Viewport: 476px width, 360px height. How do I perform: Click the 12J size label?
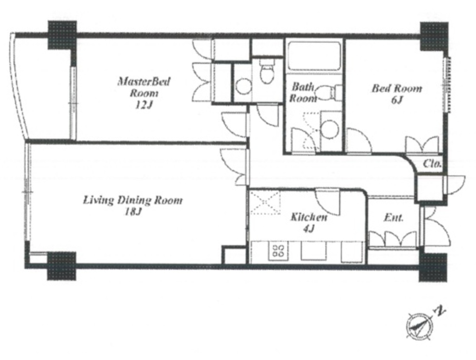point(144,105)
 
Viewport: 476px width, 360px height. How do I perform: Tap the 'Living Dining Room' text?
point(133,200)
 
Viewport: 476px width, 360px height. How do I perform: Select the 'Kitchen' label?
point(309,217)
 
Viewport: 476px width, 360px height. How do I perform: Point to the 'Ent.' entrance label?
point(393,217)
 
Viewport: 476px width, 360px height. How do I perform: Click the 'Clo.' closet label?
point(432,164)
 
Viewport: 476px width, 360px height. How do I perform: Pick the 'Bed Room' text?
point(397,88)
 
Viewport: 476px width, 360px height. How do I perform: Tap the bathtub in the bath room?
point(314,56)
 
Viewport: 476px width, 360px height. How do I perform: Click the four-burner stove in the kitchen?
point(278,251)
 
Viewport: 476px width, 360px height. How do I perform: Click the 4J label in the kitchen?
point(308,228)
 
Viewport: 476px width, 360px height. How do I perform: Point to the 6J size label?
point(397,100)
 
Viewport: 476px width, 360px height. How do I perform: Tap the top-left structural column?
point(62,35)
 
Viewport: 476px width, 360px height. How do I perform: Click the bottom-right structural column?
point(434,268)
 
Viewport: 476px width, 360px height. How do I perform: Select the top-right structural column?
point(434,36)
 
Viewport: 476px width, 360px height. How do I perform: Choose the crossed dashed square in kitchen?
point(266,202)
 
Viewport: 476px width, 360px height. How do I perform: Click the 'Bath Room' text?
point(303,93)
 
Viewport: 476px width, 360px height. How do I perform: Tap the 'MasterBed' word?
point(144,81)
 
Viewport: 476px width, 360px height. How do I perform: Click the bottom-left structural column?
point(61,266)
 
